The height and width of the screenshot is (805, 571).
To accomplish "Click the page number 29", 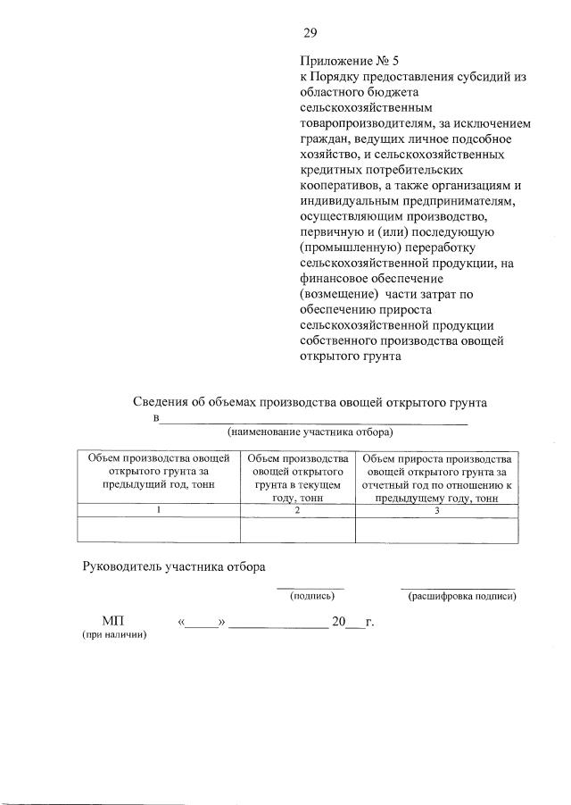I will [x=310, y=34].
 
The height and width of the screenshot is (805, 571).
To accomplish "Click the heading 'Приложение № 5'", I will [x=344, y=62].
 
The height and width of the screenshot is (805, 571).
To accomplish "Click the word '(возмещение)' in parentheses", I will [x=335, y=294].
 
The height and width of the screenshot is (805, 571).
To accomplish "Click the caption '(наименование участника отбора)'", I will [x=310, y=432].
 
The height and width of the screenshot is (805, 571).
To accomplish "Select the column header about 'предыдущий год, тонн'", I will [x=158, y=471].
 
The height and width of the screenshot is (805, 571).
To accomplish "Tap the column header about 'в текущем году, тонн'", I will [x=298, y=477].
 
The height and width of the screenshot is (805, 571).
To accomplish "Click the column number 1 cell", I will [x=159, y=509].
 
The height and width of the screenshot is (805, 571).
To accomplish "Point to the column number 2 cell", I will [x=298, y=509].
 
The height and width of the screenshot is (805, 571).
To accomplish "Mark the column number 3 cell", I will [x=436, y=509].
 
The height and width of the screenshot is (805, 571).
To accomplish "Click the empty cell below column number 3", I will [x=436, y=529].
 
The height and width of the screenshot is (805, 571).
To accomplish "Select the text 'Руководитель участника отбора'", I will [x=174, y=566].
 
